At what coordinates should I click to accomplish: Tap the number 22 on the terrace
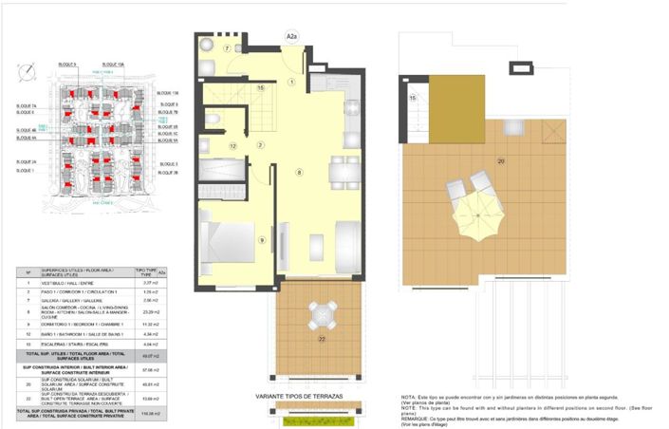[322, 338]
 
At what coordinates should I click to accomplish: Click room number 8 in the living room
[299, 172]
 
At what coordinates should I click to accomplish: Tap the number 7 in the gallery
[228, 47]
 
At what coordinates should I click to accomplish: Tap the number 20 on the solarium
[500, 160]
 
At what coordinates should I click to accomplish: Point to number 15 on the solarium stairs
[413, 98]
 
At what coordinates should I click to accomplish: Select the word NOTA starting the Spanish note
[407, 396]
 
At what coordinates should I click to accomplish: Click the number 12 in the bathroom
[232, 146]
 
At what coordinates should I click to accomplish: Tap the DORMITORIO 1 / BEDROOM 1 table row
[81, 324]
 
